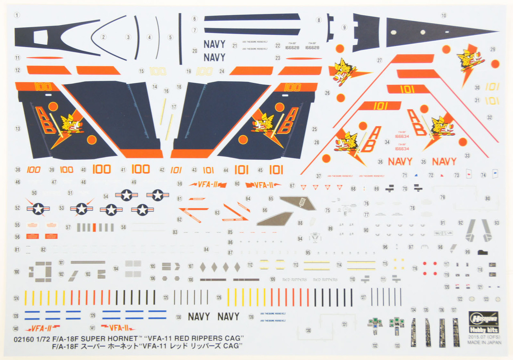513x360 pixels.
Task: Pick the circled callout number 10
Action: pos(443,15)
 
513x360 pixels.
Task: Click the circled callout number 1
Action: pos(17,15)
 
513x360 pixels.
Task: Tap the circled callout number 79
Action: pos(442,197)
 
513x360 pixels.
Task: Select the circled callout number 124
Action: pos(16,298)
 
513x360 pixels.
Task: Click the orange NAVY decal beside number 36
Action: pos(400,161)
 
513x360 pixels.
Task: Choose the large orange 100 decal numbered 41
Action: pos(140,169)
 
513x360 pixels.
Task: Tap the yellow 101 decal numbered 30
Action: pos(492,87)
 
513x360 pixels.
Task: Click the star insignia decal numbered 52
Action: pos(38,208)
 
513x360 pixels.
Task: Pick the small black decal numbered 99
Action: pos(483,252)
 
